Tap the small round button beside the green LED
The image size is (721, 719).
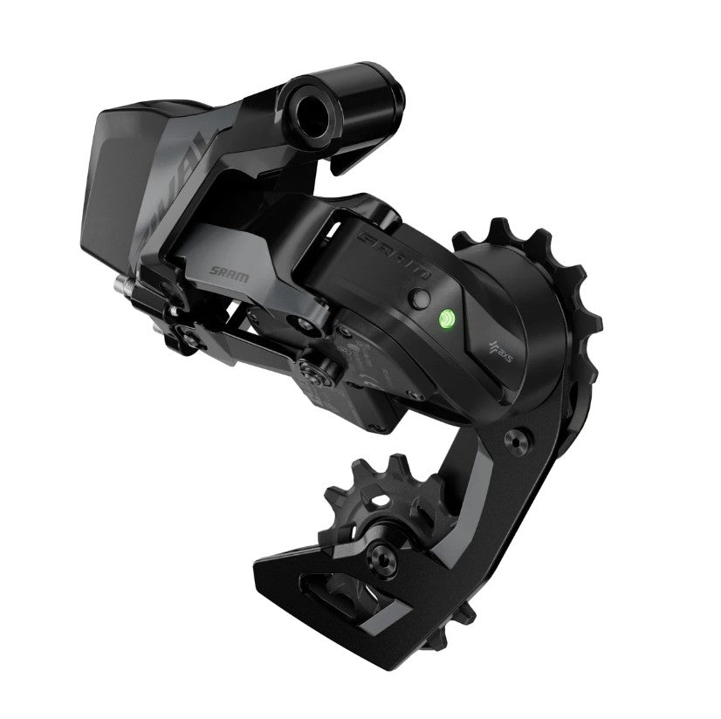(x=422, y=297)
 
